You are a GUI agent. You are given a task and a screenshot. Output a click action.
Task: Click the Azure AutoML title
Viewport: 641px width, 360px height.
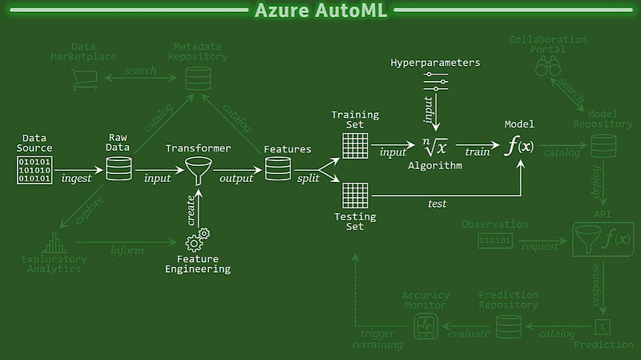(320, 11)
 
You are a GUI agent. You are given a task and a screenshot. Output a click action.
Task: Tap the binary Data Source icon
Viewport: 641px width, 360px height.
(35, 170)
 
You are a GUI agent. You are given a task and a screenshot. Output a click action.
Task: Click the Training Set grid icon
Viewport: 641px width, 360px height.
(354, 145)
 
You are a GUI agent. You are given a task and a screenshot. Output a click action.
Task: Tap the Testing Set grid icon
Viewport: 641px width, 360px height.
(354, 196)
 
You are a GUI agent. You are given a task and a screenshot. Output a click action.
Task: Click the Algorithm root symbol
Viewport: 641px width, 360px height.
(435, 147)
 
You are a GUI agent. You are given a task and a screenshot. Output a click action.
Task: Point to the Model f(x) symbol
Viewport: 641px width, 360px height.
(518, 147)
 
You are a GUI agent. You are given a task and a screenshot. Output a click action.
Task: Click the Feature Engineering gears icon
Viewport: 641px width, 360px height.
(197, 241)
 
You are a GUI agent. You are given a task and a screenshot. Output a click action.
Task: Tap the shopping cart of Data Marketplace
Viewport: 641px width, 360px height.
(83, 78)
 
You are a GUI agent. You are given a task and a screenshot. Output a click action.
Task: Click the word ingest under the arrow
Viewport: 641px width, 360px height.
(77, 178)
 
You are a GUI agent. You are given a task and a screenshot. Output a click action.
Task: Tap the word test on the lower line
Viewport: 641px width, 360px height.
(437, 204)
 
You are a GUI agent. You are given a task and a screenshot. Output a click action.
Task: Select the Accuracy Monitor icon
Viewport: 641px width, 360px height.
(425, 325)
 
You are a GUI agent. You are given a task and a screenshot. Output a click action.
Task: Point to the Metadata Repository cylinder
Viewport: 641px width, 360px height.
(195, 79)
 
